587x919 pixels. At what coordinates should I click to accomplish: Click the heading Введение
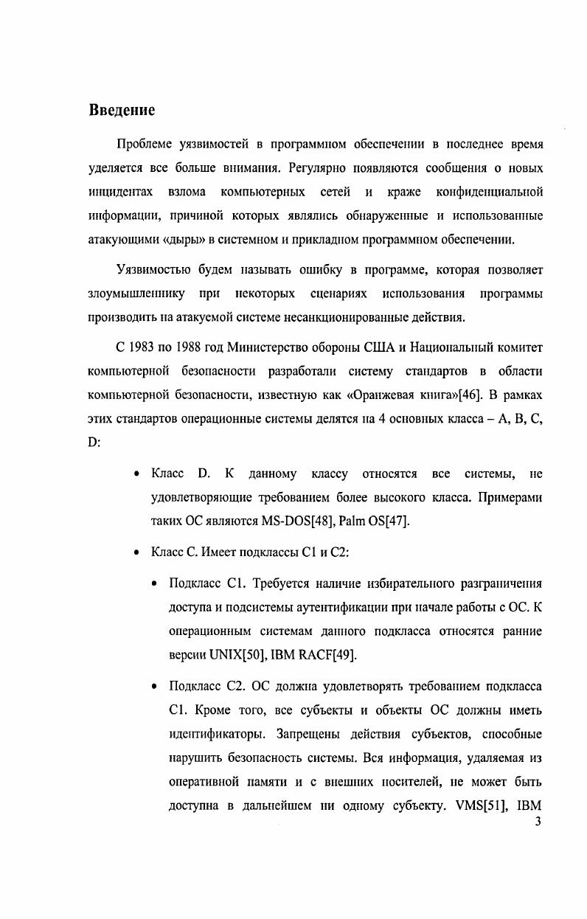pyautogui.click(x=122, y=111)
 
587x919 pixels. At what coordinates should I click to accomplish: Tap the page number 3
pyautogui.click(x=538, y=822)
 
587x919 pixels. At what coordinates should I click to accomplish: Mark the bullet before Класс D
pyautogui.click(x=137, y=473)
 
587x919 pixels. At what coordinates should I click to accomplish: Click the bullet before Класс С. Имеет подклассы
pyautogui.click(x=137, y=552)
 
